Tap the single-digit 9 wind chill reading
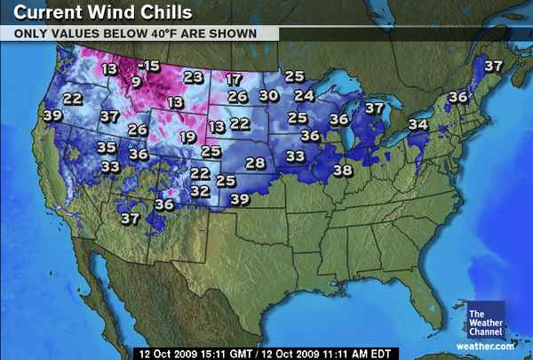135,82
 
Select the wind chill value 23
193,77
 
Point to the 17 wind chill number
233,79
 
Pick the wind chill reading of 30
268,96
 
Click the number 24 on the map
304,95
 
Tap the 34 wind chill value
418,124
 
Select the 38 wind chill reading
342,170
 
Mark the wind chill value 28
255,164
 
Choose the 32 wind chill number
200,190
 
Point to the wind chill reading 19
187,137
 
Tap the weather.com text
485,346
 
